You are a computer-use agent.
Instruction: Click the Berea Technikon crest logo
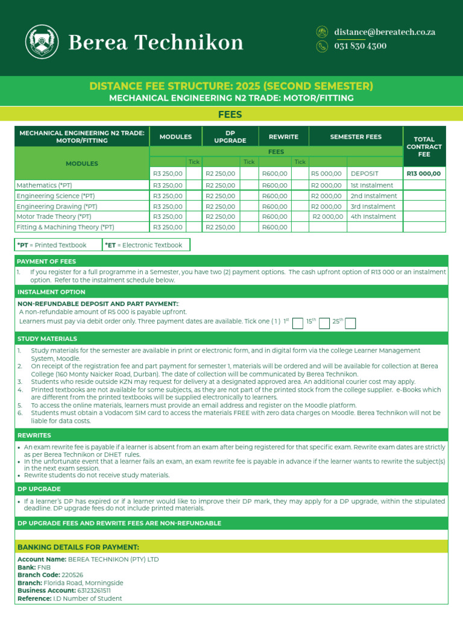point(42,42)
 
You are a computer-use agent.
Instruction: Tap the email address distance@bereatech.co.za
point(385,33)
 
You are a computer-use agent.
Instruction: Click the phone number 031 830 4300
point(361,46)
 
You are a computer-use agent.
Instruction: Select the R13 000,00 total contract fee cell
point(424,174)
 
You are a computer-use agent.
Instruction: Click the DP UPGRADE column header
point(230,137)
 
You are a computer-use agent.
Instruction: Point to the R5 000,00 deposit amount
point(326,174)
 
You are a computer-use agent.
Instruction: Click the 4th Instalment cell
point(373,216)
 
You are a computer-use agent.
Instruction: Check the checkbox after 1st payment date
point(297,324)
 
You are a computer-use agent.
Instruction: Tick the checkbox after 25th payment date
point(351,324)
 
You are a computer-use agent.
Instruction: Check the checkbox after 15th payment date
point(324,324)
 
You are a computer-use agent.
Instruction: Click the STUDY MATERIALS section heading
point(47,339)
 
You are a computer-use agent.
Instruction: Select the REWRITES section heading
point(34,435)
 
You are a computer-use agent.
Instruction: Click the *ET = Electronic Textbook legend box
point(146,245)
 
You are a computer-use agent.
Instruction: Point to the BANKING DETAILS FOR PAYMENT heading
point(78,547)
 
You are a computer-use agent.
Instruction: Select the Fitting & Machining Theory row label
point(65,227)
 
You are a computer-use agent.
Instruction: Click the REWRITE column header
point(283,137)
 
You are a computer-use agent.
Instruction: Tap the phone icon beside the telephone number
point(323,46)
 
